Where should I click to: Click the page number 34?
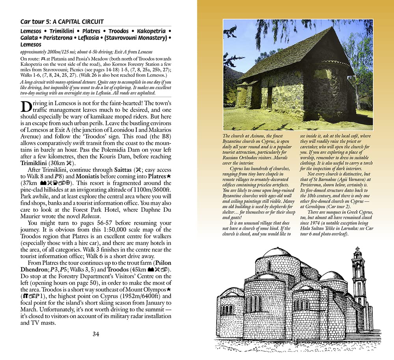tap(96, 334)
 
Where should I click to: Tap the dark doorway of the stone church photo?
tap(269, 98)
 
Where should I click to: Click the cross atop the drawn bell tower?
tap(357, 250)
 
